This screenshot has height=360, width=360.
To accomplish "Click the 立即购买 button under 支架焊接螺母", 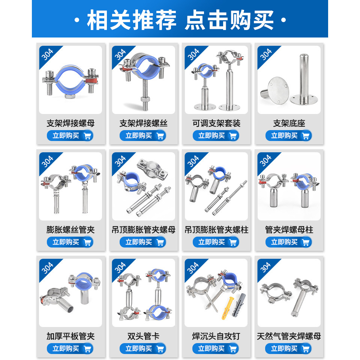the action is [70, 135].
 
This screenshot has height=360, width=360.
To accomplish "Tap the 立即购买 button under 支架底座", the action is [289, 135].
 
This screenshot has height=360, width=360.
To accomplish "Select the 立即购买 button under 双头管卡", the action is [143, 348].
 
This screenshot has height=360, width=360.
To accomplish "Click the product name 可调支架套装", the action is [216, 123].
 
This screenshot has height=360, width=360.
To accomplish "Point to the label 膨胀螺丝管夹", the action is [70, 229].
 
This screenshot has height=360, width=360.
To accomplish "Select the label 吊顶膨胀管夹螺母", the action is [144, 229].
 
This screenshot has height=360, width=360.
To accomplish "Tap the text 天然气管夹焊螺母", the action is [289, 336].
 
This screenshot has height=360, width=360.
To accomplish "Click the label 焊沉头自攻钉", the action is [216, 336].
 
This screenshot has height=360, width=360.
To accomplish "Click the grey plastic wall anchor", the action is [239, 304].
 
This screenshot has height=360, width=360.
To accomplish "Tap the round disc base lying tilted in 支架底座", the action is [276, 91].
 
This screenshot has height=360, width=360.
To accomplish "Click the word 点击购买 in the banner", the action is [229, 20].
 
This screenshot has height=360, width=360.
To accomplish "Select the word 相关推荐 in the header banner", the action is [132, 20].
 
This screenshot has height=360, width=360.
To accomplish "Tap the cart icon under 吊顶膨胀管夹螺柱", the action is [233, 242].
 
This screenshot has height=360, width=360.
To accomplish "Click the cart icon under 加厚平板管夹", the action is [87, 349].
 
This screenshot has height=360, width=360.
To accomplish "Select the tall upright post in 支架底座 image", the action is [304, 79].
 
